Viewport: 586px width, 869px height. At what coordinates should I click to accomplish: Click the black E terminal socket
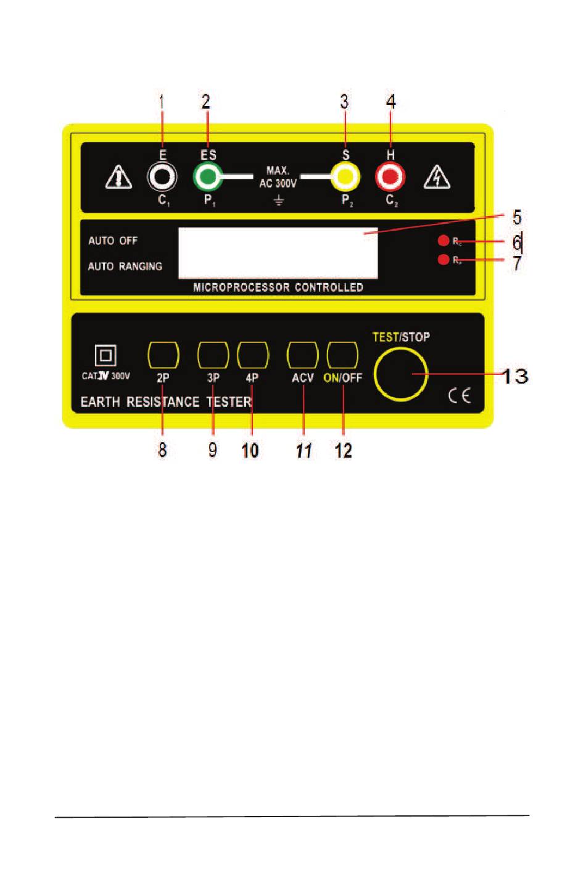(162, 178)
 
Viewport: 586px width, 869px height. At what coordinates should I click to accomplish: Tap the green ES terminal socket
(208, 178)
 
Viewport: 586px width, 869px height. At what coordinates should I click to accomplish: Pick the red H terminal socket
(390, 178)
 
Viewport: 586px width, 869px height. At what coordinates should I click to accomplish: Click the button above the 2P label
(163, 355)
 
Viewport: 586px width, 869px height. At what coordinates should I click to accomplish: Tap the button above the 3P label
(213, 355)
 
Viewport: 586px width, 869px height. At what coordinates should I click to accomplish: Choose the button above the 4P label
(253, 355)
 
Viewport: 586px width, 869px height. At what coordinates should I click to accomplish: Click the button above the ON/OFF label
(342, 355)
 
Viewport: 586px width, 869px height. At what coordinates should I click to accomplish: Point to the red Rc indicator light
(443, 241)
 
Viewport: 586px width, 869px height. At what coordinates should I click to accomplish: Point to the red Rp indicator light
(443, 260)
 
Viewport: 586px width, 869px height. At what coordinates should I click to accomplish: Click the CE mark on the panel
(460, 395)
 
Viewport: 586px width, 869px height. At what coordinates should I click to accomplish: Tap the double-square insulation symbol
(105, 356)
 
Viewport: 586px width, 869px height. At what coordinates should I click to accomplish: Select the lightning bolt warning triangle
(437, 177)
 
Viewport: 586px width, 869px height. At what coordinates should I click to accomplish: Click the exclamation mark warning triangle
(118, 177)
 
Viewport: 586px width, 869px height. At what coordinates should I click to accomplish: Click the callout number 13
(514, 376)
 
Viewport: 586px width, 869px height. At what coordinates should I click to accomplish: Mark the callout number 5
(517, 217)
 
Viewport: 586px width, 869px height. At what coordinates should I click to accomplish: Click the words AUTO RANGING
(125, 266)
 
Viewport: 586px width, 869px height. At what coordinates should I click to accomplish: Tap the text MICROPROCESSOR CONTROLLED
(278, 287)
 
